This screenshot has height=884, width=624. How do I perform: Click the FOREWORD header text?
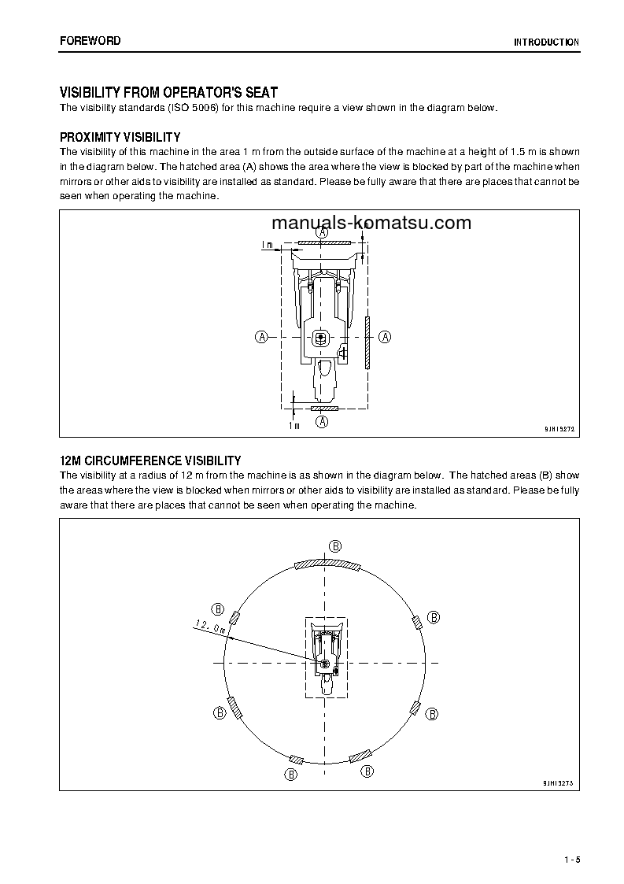pos(90,40)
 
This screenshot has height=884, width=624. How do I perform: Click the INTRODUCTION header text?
pos(546,43)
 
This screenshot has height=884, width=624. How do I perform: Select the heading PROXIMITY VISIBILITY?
pos(120,137)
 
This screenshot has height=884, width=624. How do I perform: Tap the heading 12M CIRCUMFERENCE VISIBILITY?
pos(150,460)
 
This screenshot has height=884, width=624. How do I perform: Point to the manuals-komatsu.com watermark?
pos(371,222)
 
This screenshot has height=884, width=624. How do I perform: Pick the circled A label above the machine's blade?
pos(322,233)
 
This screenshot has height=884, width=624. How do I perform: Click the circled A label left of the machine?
pos(261,337)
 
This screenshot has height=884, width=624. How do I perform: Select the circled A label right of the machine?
pos(386,337)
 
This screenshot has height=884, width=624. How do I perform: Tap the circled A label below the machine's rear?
pos(322,422)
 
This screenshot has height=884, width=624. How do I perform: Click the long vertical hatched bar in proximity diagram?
pos(367,343)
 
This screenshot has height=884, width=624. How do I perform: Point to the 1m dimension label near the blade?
pos(268,245)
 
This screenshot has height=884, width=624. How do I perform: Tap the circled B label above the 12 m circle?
pos(334,546)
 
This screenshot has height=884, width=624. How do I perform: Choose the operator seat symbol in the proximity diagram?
pos(320,338)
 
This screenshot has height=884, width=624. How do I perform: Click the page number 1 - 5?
pos(571,858)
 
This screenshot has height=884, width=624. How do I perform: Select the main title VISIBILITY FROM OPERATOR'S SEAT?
pos(168,93)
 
